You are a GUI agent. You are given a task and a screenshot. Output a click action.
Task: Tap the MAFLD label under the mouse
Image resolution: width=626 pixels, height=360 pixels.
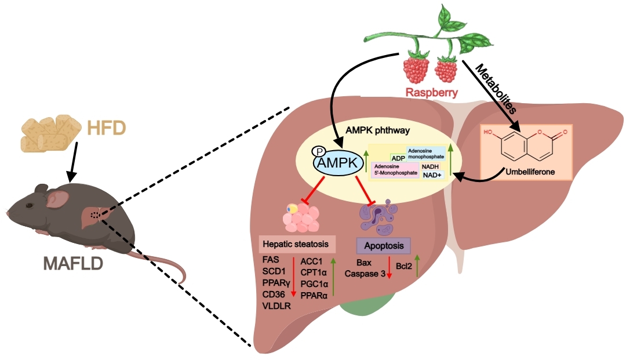[x=72, y=264]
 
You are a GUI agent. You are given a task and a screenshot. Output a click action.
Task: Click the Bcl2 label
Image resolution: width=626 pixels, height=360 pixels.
[x=405, y=267]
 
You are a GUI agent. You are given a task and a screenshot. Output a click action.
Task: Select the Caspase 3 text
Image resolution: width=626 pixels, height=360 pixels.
[x=365, y=274]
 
